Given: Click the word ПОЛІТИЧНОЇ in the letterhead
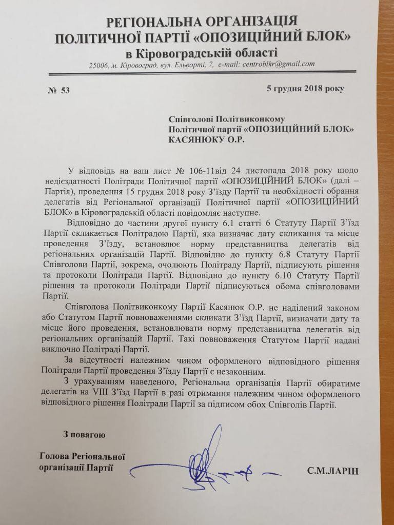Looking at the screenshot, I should point(95,38).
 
